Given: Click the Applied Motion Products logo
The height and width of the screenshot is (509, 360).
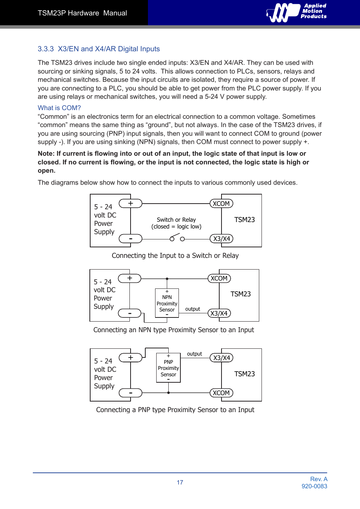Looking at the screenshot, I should pyautogui.click(x=297, y=12).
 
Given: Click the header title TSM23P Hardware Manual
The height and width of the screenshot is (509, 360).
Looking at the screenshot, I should pyautogui.click(x=82, y=13).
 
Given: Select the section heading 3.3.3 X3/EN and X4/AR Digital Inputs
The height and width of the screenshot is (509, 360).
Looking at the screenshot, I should pyautogui.click(x=98, y=49).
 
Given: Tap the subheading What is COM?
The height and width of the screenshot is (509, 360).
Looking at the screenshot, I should pyautogui.click(x=59, y=108).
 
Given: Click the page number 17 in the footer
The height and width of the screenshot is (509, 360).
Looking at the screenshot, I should pyautogui.click(x=180, y=482).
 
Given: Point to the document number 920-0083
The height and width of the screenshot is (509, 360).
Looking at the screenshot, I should pyautogui.click(x=314, y=486).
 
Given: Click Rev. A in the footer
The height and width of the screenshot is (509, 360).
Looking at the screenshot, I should pyautogui.click(x=318, y=479).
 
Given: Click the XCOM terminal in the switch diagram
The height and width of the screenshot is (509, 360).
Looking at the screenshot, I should pyautogui.click(x=221, y=204).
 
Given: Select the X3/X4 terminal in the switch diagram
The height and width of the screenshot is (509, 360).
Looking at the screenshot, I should pyautogui.click(x=222, y=239).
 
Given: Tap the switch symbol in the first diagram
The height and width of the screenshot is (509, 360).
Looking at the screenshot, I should pyautogui.click(x=177, y=238).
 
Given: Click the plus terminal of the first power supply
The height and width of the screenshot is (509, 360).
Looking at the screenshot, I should pyautogui.click(x=131, y=204).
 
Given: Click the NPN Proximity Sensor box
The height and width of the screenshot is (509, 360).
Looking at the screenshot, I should pyautogui.click(x=167, y=303).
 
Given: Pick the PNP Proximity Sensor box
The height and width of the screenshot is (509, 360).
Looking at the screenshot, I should pyautogui.click(x=168, y=368).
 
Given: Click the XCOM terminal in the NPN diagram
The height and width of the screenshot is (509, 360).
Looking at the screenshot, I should pyautogui.click(x=219, y=279).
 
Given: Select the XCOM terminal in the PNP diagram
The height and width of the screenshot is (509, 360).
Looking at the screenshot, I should pyautogui.click(x=221, y=393).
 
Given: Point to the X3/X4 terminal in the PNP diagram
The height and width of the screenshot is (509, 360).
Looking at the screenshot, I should pyautogui.click(x=222, y=358).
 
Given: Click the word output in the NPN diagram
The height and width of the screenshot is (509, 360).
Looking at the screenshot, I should pyautogui.click(x=192, y=309).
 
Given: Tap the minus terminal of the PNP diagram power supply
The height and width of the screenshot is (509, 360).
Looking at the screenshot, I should pyautogui.click(x=131, y=393).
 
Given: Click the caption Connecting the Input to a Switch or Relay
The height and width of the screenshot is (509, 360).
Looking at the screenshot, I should pyautogui.click(x=175, y=256).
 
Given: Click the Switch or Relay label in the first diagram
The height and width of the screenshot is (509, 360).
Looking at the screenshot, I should pyautogui.click(x=176, y=220).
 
